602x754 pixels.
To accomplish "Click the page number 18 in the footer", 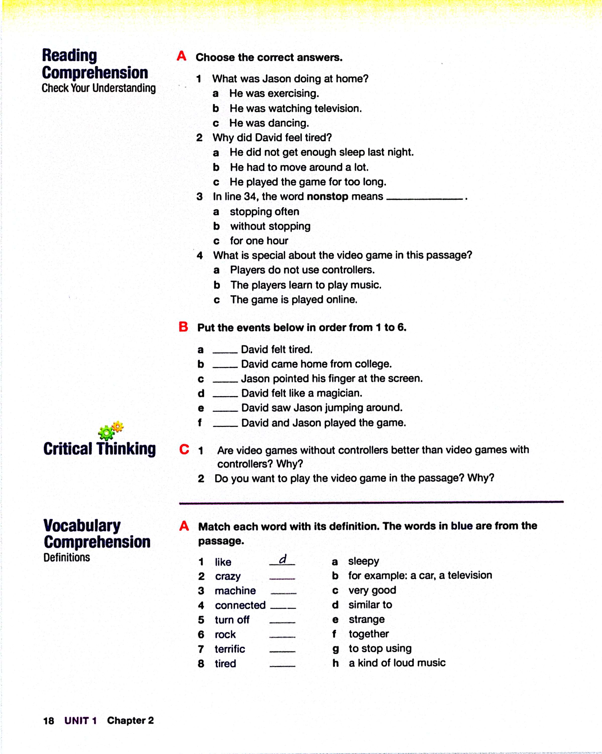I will [48, 721].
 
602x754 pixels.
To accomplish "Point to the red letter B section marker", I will [183, 327].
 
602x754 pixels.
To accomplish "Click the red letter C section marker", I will [184, 449].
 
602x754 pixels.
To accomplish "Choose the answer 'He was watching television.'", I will [295, 108].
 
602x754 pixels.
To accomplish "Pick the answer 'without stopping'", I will [270, 226].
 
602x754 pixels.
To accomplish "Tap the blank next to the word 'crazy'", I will [282, 578].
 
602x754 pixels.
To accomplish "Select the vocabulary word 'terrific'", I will [230, 649].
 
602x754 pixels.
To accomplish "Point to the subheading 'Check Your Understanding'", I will [98, 88].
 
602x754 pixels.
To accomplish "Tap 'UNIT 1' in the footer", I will [80, 721].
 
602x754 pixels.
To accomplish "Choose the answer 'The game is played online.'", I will [294, 300].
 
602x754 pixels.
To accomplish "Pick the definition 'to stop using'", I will [380, 648].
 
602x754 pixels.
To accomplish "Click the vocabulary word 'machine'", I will [235, 591].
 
